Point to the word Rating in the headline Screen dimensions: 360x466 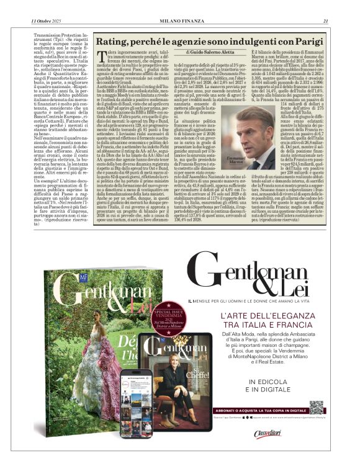click(x=114, y=42)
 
